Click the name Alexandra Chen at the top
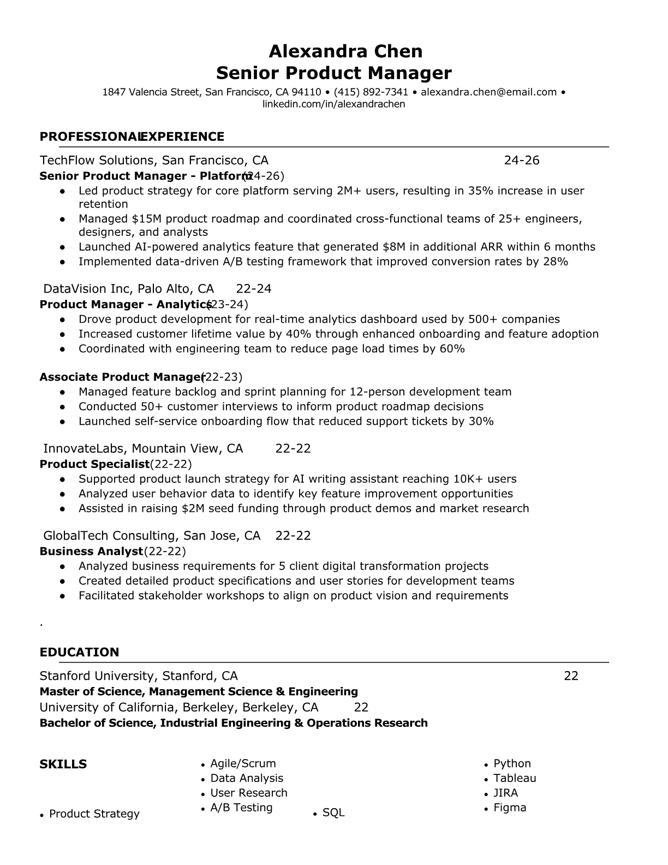[x=345, y=51]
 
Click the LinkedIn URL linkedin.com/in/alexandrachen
[x=333, y=104]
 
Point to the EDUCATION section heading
[x=79, y=652]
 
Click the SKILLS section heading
[x=63, y=764]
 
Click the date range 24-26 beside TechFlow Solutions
[x=521, y=160]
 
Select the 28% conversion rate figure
[x=556, y=262]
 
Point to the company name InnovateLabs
[x=84, y=449]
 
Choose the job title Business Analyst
[x=91, y=551]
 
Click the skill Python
[x=512, y=763]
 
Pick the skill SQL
[x=333, y=813]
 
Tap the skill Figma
[x=510, y=808]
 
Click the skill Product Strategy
[x=94, y=814]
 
